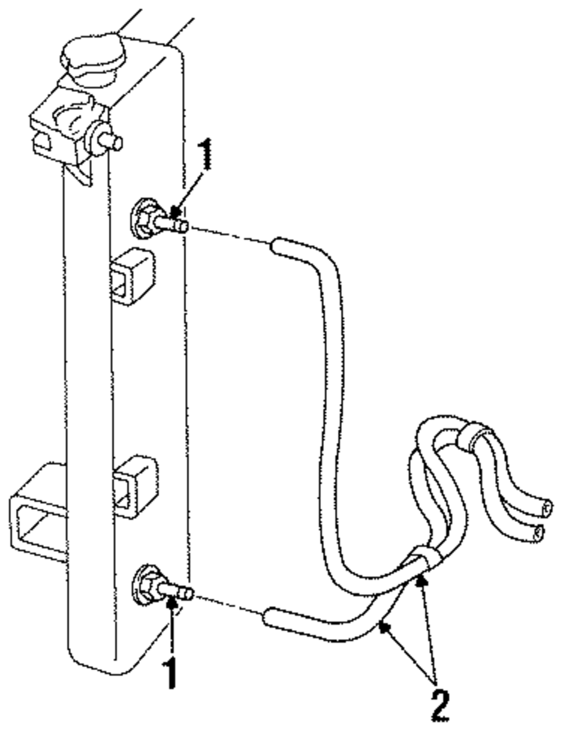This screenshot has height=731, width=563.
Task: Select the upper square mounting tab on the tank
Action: pyautogui.click(x=132, y=276)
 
